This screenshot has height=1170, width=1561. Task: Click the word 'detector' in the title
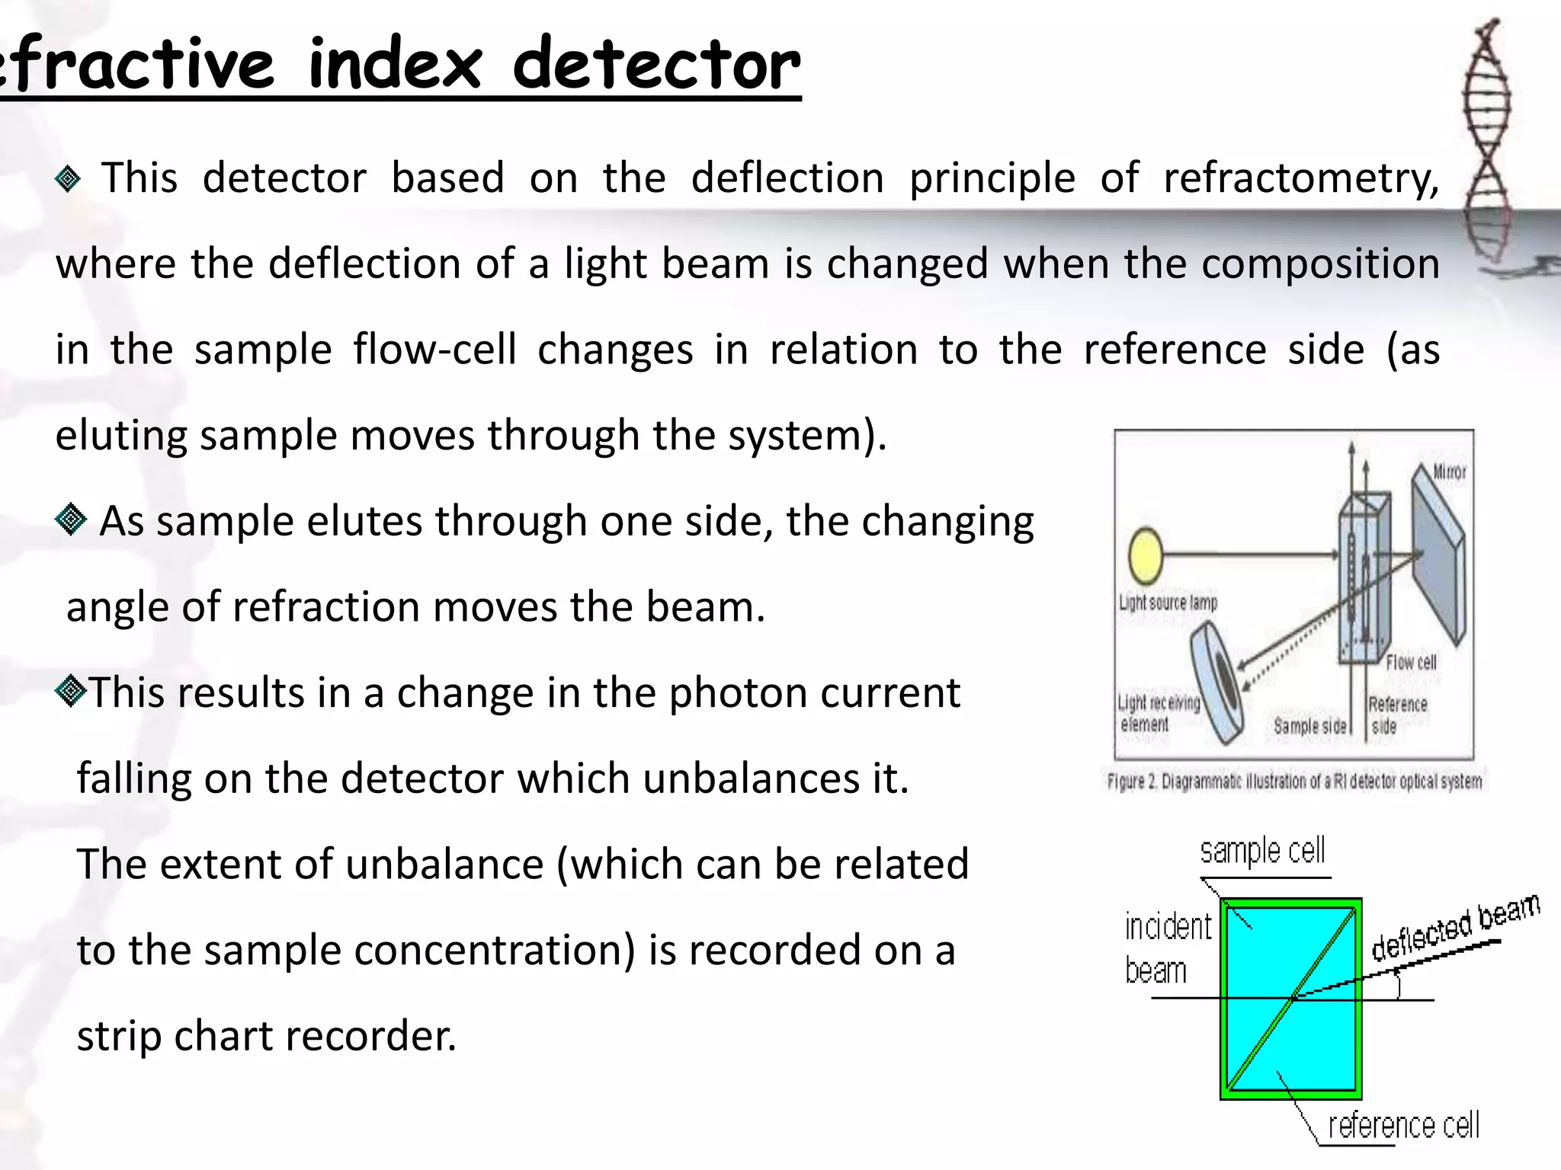(x=656, y=64)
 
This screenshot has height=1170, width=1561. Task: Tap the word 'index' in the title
(x=395, y=64)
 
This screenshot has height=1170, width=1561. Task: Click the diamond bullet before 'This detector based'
(x=69, y=179)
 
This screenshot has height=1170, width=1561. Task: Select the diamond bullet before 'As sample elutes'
(x=71, y=520)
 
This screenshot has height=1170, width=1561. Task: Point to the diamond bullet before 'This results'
(x=71, y=692)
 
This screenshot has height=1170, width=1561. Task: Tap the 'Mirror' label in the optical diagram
(x=1449, y=472)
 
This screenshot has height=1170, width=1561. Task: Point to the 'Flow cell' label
(x=1411, y=662)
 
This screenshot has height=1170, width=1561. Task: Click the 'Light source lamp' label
(x=1168, y=603)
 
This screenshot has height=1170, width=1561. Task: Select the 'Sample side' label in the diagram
(x=1309, y=726)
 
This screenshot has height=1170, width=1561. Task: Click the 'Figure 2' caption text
(x=1294, y=782)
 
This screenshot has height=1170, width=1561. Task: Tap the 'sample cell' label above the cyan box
(x=1262, y=852)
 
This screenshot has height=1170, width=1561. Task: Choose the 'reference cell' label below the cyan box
(x=1403, y=1125)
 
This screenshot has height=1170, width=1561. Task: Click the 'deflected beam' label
(x=1455, y=927)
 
